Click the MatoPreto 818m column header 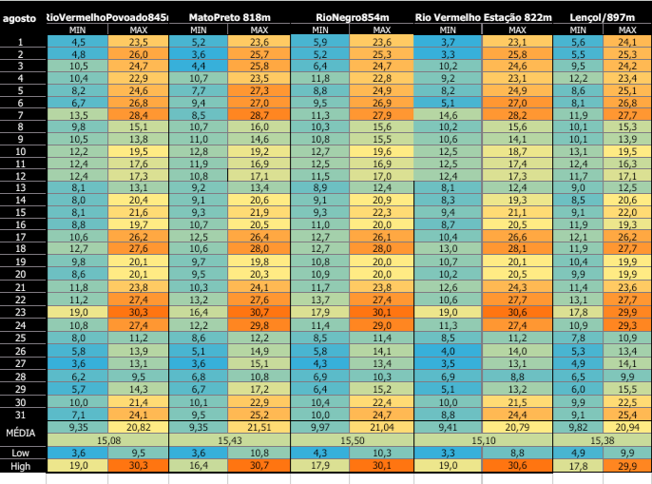[x=228, y=18]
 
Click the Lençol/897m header [x=604, y=18]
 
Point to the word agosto [x=19, y=18]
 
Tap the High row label [x=21, y=467]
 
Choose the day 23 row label [x=21, y=312]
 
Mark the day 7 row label [x=21, y=114]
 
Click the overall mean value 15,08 [x=108, y=440]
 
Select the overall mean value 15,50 [x=352, y=440]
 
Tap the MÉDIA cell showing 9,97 [x=321, y=429]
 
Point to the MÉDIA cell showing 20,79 [x=517, y=429]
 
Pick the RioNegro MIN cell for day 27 [x=321, y=363]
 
